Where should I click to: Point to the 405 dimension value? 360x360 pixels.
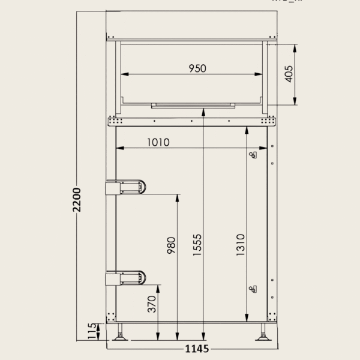(x=289, y=74)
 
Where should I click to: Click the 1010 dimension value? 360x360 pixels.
(x=157, y=142)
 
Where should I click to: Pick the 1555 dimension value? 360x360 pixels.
(x=197, y=245)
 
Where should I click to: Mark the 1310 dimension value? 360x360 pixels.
(x=240, y=245)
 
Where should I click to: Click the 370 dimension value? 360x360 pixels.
(x=152, y=304)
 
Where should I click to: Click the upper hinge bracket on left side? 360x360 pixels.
(x=125, y=187)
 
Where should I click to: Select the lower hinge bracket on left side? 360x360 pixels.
(x=125, y=278)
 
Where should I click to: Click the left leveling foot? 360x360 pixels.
(x=121, y=334)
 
